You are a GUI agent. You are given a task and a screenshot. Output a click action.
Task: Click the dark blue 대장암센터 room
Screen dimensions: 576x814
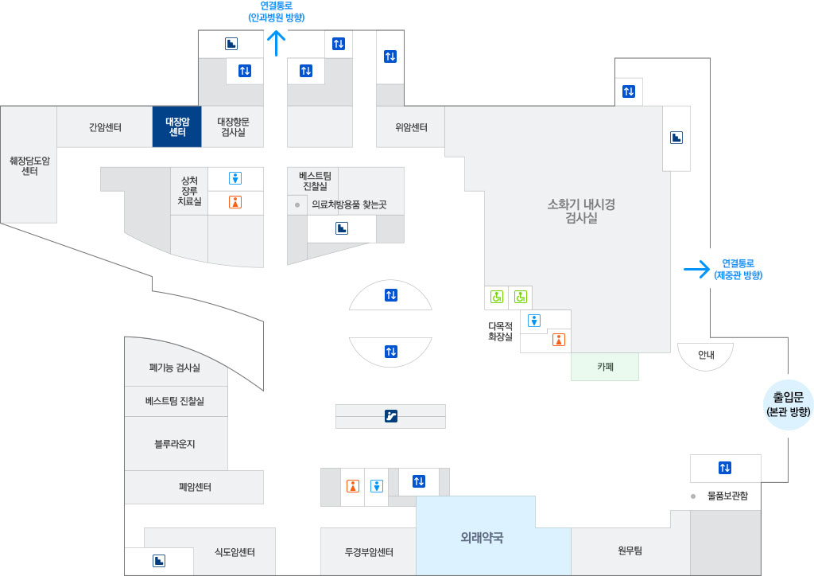pyautogui.click(x=176, y=126)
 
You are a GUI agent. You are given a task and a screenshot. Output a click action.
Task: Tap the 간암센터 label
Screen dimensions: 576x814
pyautogui.click(x=105, y=126)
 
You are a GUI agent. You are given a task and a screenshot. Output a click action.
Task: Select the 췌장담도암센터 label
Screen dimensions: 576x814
pyautogui.click(x=29, y=165)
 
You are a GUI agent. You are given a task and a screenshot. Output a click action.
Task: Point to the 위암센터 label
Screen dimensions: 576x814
pyautogui.click(x=411, y=127)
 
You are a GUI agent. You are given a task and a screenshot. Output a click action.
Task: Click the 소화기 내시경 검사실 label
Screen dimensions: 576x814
pyautogui.click(x=581, y=211)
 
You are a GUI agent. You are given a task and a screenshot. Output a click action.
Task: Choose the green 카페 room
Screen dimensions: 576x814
pyautogui.click(x=605, y=367)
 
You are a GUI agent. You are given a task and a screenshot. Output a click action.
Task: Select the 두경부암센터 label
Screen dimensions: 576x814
pyautogui.click(x=369, y=551)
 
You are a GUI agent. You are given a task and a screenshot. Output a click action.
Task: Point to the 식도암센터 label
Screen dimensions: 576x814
pyautogui.click(x=235, y=551)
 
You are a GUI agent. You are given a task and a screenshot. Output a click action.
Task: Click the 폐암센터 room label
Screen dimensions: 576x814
pyautogui.click(x=195, y=487)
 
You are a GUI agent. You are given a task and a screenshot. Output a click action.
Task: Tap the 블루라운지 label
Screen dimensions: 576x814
pyautogui.click(x=175, y=443)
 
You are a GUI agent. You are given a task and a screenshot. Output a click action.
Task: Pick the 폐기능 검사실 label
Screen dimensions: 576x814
pyautogui.click(x=175, y=368)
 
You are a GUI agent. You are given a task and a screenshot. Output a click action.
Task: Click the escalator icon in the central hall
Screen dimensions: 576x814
pyautogui.click(x=390, y=415)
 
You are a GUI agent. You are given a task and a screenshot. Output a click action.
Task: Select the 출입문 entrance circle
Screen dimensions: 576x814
pyautogui.click(x=788, y=404)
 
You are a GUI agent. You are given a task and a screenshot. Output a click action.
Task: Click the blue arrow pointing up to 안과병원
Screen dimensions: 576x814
pyautogui.click(x=276, y=43)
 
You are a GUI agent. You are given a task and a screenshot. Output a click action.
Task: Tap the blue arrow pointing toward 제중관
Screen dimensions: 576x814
pyautogui.click(x=696, y=269)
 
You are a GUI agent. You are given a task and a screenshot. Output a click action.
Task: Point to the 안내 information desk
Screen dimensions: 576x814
pyautogui.click(x=705, y=355)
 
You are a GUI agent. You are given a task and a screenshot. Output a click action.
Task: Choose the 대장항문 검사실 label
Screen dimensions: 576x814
pyautogui.click(x=233, y=126)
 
